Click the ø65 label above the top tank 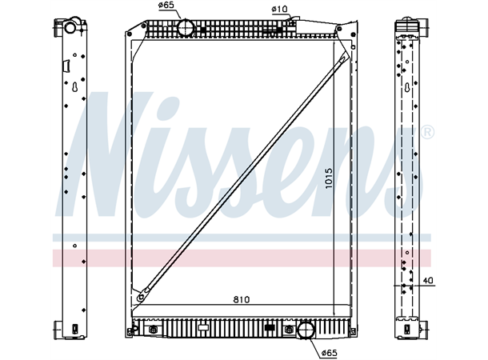coord(166,6)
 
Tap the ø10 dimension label coord(279,10)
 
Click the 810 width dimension coord(242,299)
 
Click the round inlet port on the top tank coord(186,28)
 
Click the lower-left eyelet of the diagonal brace coord(141,298)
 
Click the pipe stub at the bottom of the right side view coord(412,328)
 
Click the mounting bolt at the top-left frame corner coord(130,35)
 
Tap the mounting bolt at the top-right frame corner coord(354,35)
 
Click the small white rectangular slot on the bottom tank coord(203,326)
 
